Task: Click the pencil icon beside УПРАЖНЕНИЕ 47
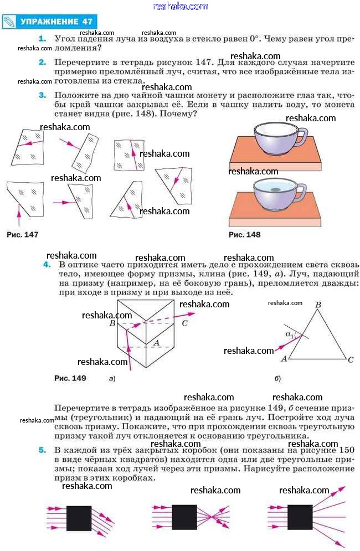pyautogui.click(x=9, y=22)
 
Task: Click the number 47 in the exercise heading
pyautogui.click(x=86, y=22)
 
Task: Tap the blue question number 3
pyautogui.click(x=42, y=95)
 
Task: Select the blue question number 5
pyautogui.click(x=42, y=451)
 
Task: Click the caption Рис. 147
pyautogui.click(x=22, y=235)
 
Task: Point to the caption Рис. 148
pyautogui.click(x=244, y=235)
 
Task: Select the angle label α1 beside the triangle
pyautogui.click(x=289, y=334)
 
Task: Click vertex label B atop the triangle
pyautogui.click(x=318, y=305)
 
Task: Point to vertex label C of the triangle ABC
pyautogui.click(x=350, y=360)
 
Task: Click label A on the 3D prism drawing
pyautogui.click(x=156, y=343)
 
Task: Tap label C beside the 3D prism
pyautogui.click(x=184, y=323)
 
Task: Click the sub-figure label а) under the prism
pyautogui.click(x=112, y=379)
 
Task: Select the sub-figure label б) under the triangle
pyautogui.click(x=277, y=379)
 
